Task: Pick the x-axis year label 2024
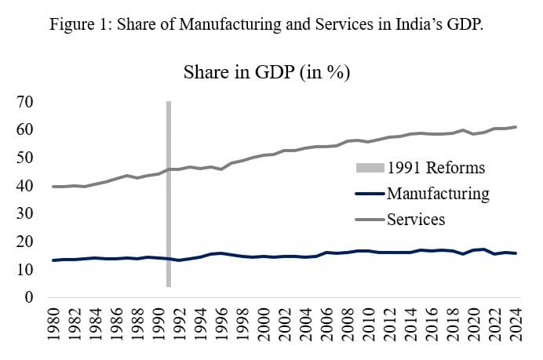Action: pos(516,326)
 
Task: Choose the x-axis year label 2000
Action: pos(264,326)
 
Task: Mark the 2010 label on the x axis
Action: pos(369,326)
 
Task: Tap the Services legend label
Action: pos(415,219)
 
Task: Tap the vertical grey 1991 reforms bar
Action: pos(168,196)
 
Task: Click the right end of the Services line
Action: pos(516,127)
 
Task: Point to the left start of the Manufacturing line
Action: pos(53,260)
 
